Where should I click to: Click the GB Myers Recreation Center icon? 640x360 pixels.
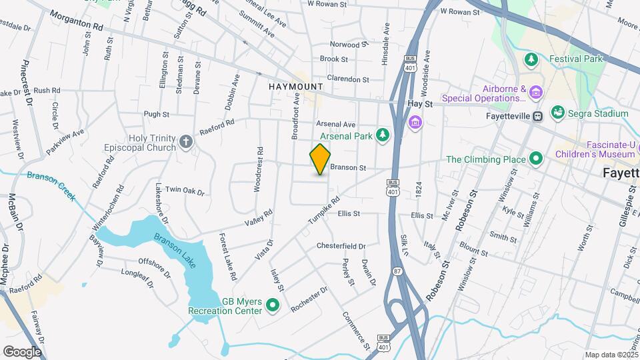coord(272,306)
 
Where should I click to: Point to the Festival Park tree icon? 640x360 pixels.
coord(531,60)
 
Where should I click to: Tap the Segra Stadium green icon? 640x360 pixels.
coord(558,113)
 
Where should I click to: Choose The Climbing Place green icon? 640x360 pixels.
coord(535,159)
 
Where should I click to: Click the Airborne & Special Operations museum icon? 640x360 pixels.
coord(536,91)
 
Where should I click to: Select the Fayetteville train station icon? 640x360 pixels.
coord(537,116)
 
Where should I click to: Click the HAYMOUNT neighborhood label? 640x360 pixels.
coord(296,87)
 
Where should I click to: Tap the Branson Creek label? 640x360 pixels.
coord(51,187)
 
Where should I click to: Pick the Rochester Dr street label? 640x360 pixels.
coord(310,298)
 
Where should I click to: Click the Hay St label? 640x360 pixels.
coord(420,104)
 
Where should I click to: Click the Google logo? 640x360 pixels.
coord(22,351)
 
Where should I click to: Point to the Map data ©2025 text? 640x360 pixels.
coord(611,355)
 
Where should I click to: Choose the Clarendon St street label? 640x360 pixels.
coord(347,79)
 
